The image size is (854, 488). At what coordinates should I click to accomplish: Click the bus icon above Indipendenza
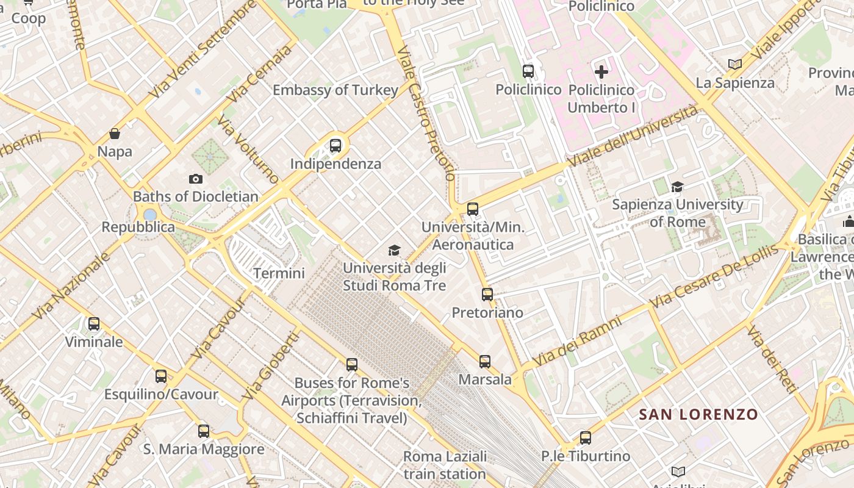point(335,146)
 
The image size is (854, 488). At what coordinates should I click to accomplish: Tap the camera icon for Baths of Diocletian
point(195,179)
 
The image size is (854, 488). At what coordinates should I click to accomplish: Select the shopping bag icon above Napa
point(115,134)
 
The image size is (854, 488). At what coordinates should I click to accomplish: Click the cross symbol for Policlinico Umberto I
point(601,72)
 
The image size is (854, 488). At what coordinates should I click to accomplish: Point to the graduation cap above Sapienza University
point(677,187)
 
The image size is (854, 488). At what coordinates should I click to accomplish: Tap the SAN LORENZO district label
point(698,415)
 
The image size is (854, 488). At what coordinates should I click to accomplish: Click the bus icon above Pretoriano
point(487,295)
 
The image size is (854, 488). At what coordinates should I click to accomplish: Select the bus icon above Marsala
point(485,362)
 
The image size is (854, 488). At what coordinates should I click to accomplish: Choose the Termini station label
point(279,273)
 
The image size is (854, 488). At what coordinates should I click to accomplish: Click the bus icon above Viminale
point(94,324)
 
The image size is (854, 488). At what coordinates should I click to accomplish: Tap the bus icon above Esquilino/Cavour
point(161,376)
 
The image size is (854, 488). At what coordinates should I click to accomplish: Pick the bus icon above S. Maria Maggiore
point(204,431)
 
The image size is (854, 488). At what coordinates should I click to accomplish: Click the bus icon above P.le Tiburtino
point(586,437)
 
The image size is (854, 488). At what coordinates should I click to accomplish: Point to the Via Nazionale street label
point(72,285)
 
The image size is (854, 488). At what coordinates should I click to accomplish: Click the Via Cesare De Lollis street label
point(714,276)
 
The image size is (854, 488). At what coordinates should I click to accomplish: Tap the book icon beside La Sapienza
point(735,64)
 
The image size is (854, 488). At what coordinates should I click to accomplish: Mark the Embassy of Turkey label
point(335,90)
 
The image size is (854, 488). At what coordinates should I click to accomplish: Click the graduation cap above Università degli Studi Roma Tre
point(395,250)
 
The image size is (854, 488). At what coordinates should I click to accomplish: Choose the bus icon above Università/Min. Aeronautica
point(473,209)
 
